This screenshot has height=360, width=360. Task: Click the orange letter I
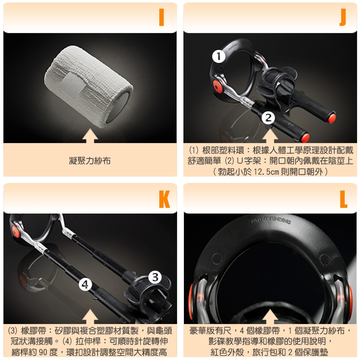pos(161,17)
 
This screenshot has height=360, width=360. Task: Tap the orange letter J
pos(343,17)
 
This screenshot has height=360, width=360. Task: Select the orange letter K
pos(164,199)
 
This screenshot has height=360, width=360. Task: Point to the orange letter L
pos(344,199)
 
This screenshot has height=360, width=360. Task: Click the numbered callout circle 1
pos(218,56)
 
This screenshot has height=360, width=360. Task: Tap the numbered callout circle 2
pos(268,118)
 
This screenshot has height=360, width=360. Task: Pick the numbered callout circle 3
pos(155,277)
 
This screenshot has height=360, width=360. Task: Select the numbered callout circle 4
pos(85,285)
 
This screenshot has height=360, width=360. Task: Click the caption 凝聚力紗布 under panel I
pos(90,161)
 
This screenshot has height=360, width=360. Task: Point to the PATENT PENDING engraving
pos(271,220)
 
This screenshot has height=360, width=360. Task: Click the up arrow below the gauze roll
pos(90,136)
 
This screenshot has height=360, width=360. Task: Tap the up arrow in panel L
pos(270,316)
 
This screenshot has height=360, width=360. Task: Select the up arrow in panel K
pos(90,316)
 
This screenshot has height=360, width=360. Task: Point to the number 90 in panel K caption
pos(43,352)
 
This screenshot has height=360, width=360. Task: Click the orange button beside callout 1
pos(217,86)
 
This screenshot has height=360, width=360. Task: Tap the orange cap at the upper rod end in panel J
pos(332,118)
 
